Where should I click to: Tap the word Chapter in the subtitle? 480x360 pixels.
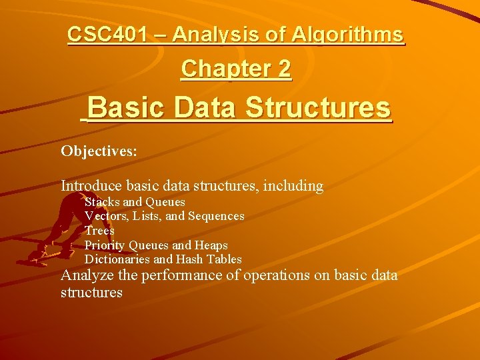pos(217,69)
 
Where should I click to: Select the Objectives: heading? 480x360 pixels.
pos(99,151)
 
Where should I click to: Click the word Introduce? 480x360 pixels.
pos(92,186)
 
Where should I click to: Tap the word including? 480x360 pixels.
pos(292,187)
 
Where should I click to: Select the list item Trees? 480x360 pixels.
pos(99,231)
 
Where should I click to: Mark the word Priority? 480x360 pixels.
pos(105,245)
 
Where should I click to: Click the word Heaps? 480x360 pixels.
pos(212,245)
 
